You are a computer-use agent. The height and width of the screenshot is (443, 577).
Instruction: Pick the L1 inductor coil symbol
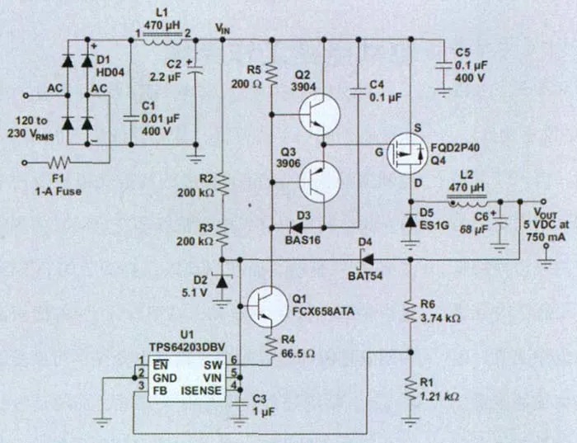162,35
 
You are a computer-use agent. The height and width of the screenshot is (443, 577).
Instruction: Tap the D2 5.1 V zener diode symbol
221,281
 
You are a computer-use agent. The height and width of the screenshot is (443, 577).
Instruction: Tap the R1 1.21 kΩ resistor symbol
410,387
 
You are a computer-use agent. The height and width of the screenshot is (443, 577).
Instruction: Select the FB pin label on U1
162,386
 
